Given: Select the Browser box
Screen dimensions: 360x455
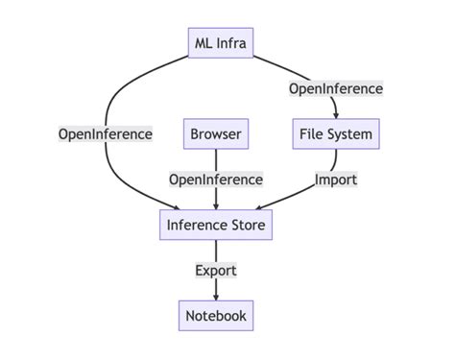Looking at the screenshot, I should point(215,133).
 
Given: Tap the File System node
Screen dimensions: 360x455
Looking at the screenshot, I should point(335,133).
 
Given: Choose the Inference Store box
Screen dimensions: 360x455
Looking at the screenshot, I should point(215,225).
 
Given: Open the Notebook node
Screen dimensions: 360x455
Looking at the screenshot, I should point(215,315).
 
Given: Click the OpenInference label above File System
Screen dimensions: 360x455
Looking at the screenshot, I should point(335,88).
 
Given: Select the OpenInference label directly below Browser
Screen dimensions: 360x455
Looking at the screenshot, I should point(215,180).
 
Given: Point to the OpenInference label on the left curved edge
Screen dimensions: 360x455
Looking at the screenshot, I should point(105,133).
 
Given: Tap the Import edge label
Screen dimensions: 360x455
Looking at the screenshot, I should point(335,180).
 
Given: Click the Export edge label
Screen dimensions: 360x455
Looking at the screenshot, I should point(215,270).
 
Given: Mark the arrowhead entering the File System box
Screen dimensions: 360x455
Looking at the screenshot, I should point(335,113).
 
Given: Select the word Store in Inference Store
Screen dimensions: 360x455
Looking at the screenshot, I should point(247,225).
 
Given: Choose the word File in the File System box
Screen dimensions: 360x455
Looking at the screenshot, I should point(310,133).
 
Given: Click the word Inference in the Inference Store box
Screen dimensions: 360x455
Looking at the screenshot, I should point(198,225).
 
